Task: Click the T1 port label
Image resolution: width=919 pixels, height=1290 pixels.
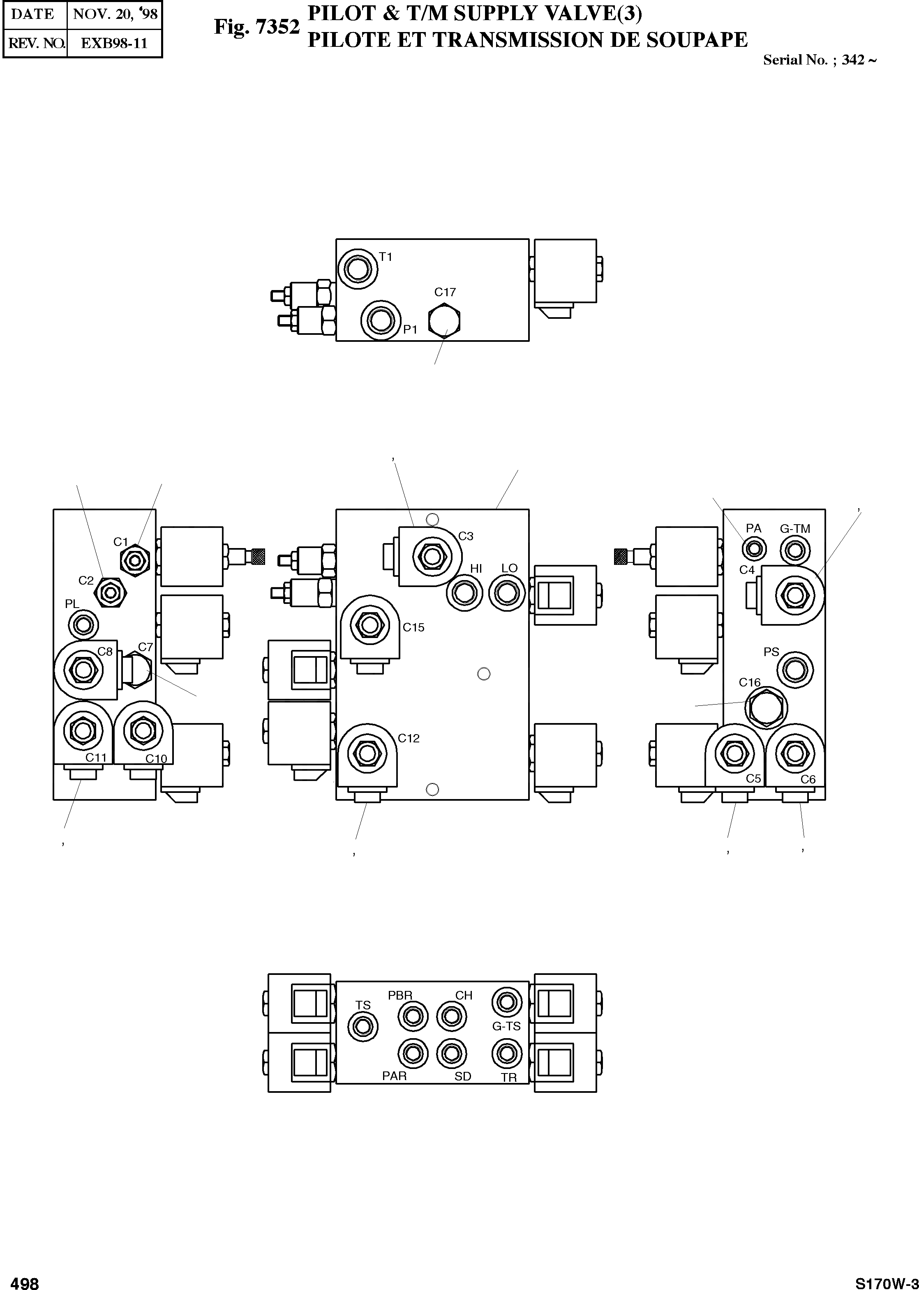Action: (386, 257)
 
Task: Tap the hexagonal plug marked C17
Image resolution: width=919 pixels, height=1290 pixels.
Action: (444, 321)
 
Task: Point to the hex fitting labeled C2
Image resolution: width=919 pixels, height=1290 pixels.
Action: (111, 593)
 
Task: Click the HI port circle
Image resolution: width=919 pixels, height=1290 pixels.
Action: (464, 593)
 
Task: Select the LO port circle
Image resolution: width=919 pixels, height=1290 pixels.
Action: (506, 593)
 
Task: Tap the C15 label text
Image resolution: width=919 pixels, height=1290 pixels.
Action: (413, 628)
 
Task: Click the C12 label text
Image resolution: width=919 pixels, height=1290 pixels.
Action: (409, 739)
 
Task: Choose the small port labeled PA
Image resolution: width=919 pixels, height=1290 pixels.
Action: (754, 548)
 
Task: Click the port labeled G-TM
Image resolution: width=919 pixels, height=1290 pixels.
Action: (794, 550)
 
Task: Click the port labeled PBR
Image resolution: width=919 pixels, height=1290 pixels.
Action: (413, 1016)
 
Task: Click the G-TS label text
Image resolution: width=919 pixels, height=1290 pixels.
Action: (506, 1026)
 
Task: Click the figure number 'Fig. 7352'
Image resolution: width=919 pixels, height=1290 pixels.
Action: (256, 27)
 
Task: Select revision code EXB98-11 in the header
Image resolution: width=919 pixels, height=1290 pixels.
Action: (114, 44)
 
